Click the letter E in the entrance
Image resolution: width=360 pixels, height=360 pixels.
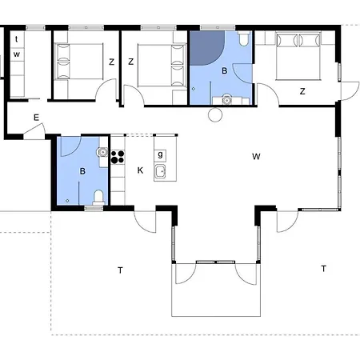36,118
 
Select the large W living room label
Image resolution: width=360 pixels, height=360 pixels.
256,156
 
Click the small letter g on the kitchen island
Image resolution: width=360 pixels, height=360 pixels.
161,154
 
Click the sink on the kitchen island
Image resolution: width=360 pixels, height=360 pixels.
161,171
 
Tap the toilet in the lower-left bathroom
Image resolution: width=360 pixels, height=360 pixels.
98,196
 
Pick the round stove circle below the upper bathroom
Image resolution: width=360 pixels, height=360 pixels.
214,114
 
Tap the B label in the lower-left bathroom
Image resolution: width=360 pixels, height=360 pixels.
82,170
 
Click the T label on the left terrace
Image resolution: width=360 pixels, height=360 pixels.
121,270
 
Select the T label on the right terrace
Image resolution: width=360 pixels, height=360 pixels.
323,268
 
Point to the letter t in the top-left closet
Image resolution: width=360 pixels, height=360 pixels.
17,38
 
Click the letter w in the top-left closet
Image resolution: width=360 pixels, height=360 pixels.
17,54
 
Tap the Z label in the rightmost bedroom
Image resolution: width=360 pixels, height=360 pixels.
302,91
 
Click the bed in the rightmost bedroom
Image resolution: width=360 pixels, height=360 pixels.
298,54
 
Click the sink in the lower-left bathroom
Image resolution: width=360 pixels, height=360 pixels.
102,152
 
